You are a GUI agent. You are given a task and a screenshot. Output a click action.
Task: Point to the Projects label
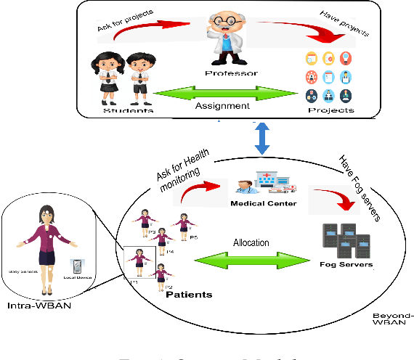point(330,110)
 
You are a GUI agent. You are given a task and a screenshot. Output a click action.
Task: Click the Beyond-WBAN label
point(393,319)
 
